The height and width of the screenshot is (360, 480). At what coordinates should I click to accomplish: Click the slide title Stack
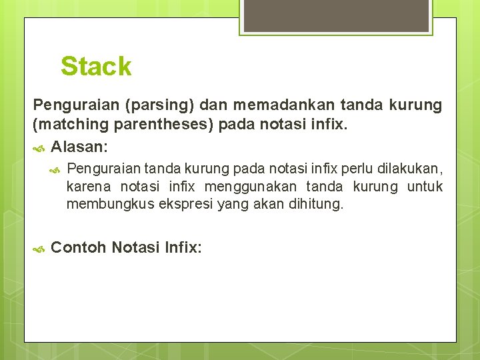[96, 67]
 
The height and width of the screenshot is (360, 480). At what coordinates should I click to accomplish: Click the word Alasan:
[80, 145]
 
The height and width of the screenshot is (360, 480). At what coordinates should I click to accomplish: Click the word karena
[89, 187]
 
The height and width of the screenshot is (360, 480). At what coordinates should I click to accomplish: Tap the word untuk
[425, 187]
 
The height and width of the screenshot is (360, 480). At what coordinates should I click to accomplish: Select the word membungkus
[110, 205]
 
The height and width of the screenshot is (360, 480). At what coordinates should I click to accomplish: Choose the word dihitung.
[316, 205]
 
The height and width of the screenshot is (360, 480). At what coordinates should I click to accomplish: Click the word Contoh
[79, 247]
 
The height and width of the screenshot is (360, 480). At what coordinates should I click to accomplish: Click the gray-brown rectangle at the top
[335, 16]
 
